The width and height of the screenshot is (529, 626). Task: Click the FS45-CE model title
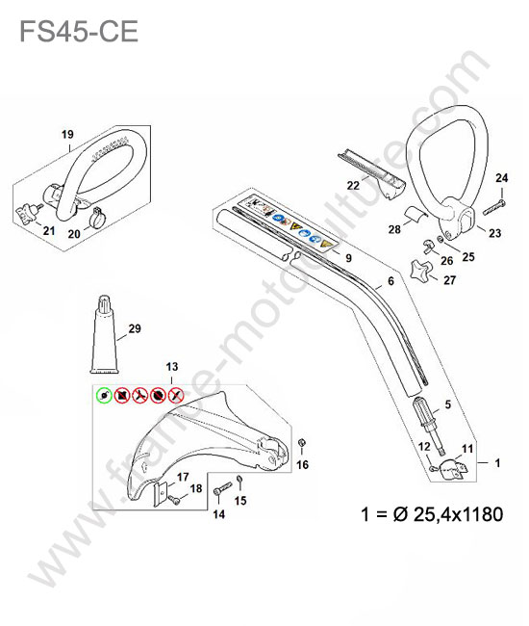(x=79, y=32)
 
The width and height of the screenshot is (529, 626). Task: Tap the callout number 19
(x=67, y=134)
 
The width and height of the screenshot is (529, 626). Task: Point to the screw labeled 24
(x=494, y=207)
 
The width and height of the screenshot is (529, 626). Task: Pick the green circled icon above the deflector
(x=104, y=396)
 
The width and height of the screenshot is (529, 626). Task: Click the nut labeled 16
(x=302, y=443)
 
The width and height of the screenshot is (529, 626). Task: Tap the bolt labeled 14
(x=222, y=488)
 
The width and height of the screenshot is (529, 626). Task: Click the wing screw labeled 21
(x=29, y=213)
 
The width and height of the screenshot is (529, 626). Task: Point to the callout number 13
(x=172, y=367)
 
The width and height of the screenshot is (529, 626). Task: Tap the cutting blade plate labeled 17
(x=160, y=495)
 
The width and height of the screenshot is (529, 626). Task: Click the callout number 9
(x=348, y=258)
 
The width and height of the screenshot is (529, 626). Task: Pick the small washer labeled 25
(x=441, y=239)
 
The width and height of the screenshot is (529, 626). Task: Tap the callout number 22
(x=353, y=185)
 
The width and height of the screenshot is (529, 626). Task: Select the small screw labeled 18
(x=173, y=499)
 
